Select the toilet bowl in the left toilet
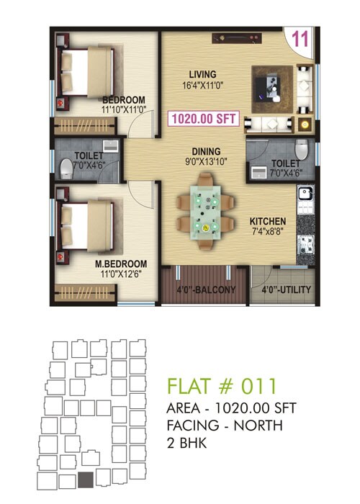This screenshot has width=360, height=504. pyautogui.click(x=67, y=169)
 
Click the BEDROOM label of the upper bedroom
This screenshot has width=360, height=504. pyautogui.click(x=124, y=99)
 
